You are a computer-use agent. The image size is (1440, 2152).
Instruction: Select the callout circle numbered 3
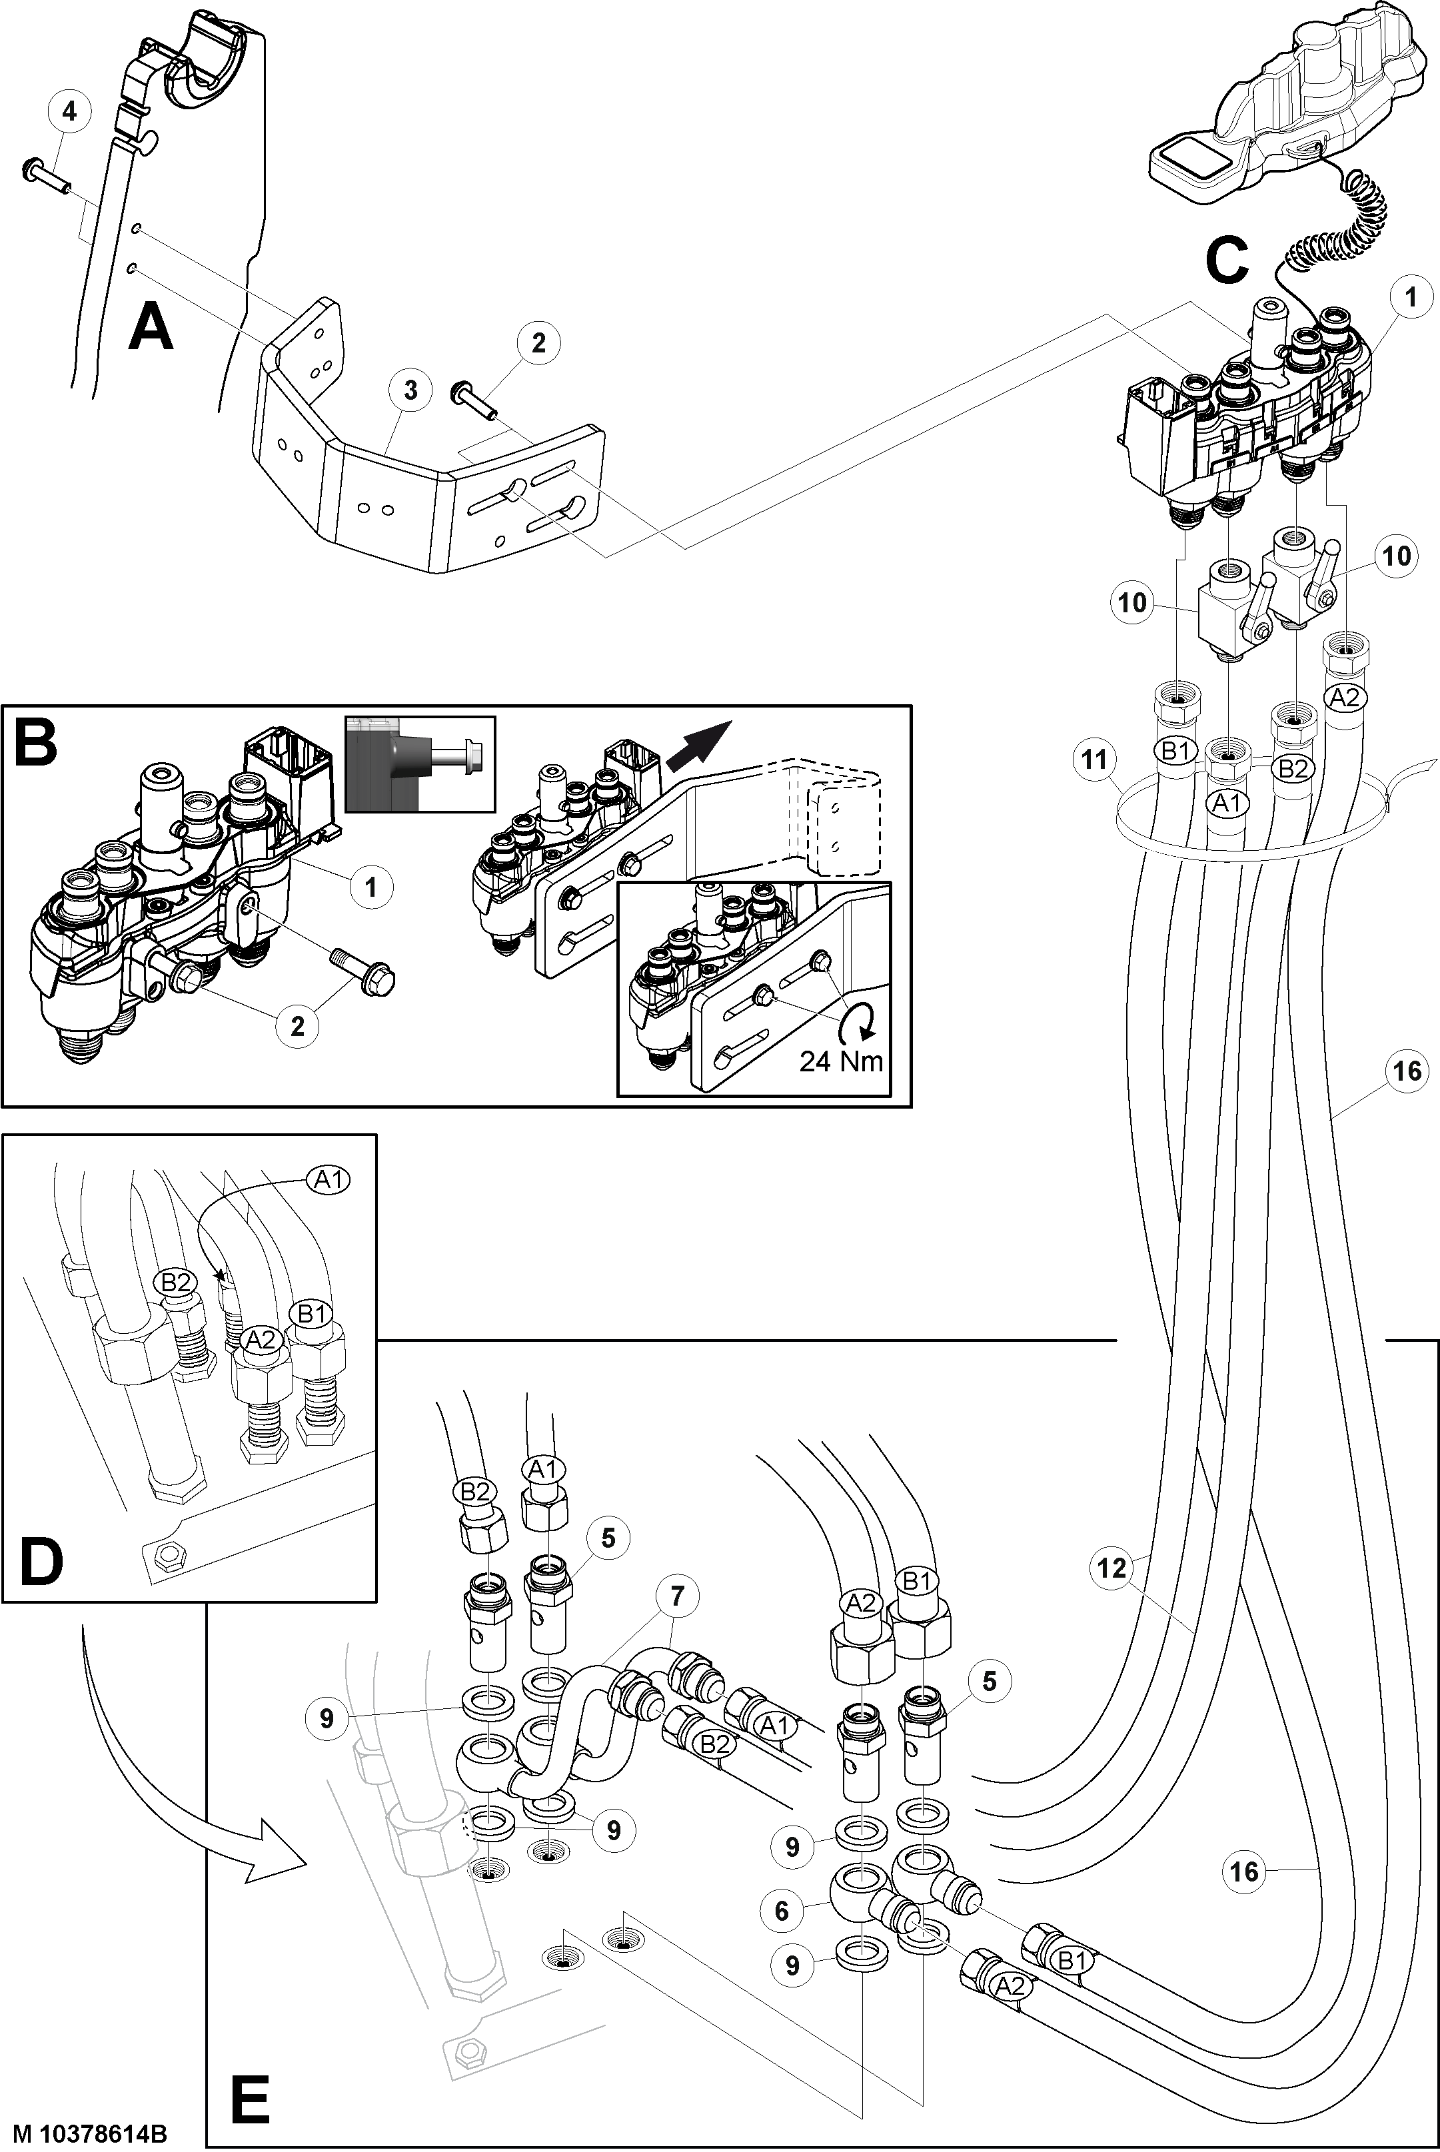[410, 390]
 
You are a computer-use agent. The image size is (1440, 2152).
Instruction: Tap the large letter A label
[151, 328]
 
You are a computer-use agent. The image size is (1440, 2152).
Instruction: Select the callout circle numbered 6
[782, 1911]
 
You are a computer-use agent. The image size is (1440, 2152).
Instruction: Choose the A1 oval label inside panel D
[328, 1180]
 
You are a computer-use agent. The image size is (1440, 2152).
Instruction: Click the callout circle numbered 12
[1112, 1567]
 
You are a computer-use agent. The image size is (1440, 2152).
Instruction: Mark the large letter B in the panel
[37, 744]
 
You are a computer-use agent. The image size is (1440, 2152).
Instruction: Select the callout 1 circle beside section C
[1411, 297]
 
